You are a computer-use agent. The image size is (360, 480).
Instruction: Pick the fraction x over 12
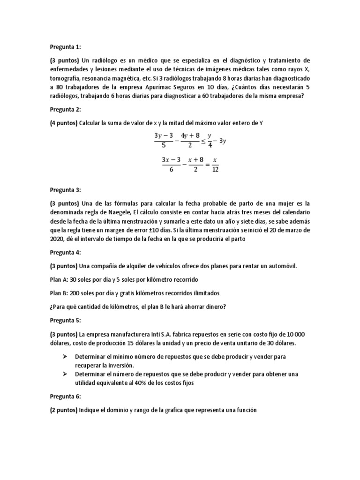(215, 165)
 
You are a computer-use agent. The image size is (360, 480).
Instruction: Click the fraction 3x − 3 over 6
(172, 165)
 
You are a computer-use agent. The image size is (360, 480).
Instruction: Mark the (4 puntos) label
(64, 123)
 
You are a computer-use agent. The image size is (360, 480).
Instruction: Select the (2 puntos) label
(64, 410)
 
